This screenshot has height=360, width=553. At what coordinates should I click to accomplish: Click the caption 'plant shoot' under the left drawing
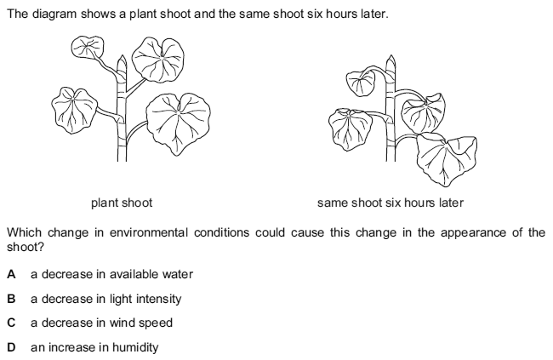coord(122,203)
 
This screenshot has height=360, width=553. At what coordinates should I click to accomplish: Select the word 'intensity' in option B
coord(160,299)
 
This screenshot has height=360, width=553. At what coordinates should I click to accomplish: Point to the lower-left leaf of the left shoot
coord(77,105)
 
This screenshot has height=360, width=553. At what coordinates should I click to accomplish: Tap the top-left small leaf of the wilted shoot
coord(361,83)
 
